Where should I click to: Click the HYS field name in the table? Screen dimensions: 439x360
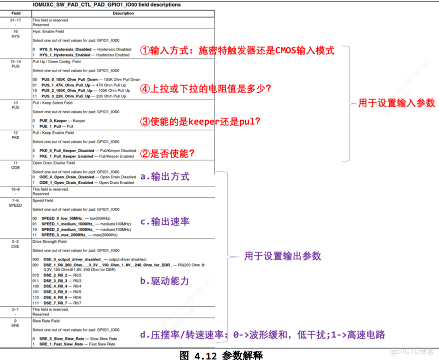coord(16,36)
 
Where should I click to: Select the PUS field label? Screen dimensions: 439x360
coord(16,67)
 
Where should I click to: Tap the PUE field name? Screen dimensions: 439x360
coord(16,108)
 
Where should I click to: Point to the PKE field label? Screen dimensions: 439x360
coord(16,138)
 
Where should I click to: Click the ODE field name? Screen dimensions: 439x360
coord(16,168)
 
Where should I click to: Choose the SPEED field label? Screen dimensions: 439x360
coord(16,205)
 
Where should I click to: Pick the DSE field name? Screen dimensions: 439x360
coord(16,247)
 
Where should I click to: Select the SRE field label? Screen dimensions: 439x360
coord(16,326)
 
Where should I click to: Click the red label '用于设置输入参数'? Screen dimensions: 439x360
coord(396,103)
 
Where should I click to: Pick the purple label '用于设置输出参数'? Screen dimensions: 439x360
coord(282,256)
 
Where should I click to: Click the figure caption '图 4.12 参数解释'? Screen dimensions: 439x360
coord(221,354)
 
